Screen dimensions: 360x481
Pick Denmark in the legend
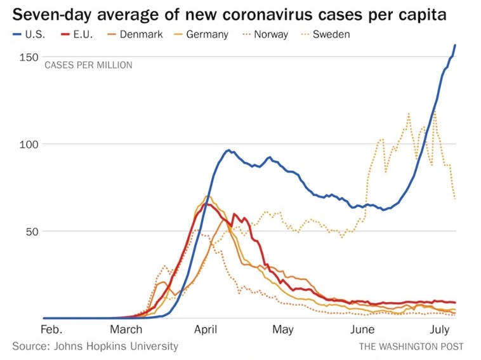tap(134, 34)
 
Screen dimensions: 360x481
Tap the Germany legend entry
tap(200, 34)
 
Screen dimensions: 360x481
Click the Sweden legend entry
tap(324, 34)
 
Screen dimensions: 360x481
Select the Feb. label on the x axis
tap(51, 330)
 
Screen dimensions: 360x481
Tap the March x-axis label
tap(126, 330)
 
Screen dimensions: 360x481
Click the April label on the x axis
tap(205, 330)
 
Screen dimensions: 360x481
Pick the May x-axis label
tap(283, 330)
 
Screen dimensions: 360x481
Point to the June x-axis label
tap(362, 330)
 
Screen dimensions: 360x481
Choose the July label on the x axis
tap(440, 330)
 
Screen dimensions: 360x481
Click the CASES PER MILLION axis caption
tap(88, 65)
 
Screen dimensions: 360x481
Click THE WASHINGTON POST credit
tap(411, 347)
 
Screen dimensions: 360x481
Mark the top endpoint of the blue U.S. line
tap(455, 45)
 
